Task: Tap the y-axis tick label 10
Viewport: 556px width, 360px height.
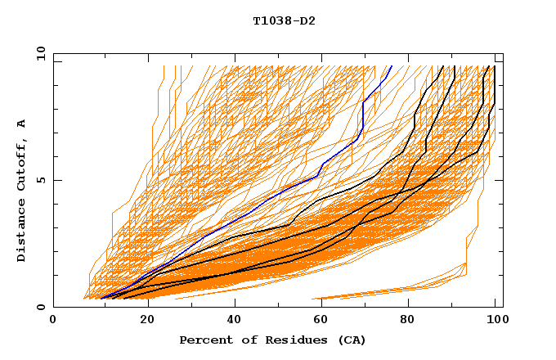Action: point(40,52)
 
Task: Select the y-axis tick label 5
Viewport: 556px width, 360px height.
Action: point(43,180)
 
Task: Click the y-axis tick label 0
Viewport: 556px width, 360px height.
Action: point(43,308)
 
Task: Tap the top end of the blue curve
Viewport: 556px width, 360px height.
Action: point(392,66)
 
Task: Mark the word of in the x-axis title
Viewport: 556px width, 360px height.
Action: point(248,340)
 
